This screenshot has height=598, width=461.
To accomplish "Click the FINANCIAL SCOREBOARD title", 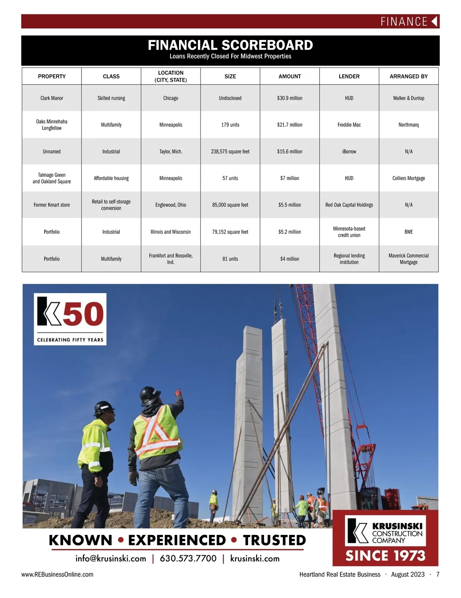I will tap(230, 45).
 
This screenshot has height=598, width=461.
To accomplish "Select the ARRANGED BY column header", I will tap(408, 77).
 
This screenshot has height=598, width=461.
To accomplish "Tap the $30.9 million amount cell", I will tap(290, 98).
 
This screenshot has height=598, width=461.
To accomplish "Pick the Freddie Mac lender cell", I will tap(349, 125).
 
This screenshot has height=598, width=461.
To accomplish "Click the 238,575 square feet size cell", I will tap(230, 152).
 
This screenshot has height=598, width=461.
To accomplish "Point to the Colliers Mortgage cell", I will tap(408, 178).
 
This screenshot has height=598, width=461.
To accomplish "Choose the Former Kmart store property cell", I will tap(52, 205).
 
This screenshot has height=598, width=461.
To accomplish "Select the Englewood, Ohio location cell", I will tap(171, 205).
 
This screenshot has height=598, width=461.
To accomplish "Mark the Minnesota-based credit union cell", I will tap(349, 232).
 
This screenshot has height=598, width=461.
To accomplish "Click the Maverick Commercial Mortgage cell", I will tap(408, 259).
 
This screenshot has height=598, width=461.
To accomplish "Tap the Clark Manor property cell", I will tap(52, 98).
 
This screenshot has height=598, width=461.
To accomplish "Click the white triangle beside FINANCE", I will tap(434, 21).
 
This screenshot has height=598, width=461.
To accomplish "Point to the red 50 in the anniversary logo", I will tap(83, 313).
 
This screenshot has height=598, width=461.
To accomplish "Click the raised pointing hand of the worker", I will tap(178, 392).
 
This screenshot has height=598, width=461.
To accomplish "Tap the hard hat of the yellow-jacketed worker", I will tap(104, 408).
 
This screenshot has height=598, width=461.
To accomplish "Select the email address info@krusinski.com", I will tap(111, 558).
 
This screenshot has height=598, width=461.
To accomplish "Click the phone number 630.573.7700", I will tap(188, 558).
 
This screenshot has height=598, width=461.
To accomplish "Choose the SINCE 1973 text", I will tap(385, 556).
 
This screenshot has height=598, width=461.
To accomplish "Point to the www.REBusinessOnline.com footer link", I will tap(57, 575).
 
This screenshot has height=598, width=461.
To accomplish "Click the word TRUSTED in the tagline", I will tap(274, 540).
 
